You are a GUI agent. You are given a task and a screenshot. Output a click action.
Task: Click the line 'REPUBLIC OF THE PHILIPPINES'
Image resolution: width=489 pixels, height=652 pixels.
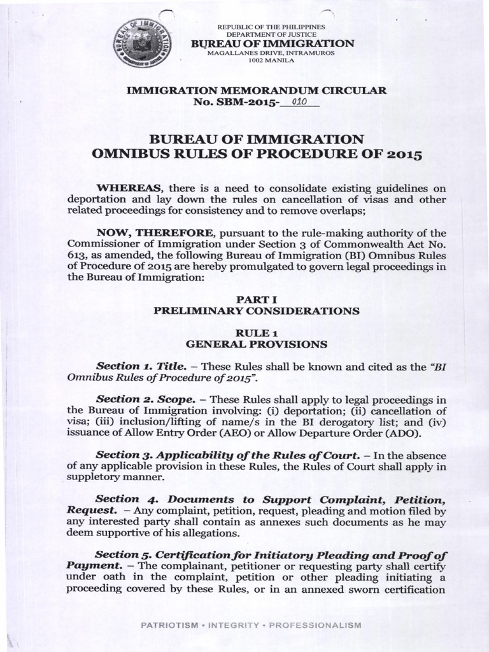(x=271, y=26)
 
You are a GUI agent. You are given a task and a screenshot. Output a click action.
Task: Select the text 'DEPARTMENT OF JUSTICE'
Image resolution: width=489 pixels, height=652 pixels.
(x=271, y=34)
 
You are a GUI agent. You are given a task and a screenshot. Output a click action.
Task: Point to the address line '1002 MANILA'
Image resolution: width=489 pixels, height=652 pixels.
(x=271, y=60)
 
